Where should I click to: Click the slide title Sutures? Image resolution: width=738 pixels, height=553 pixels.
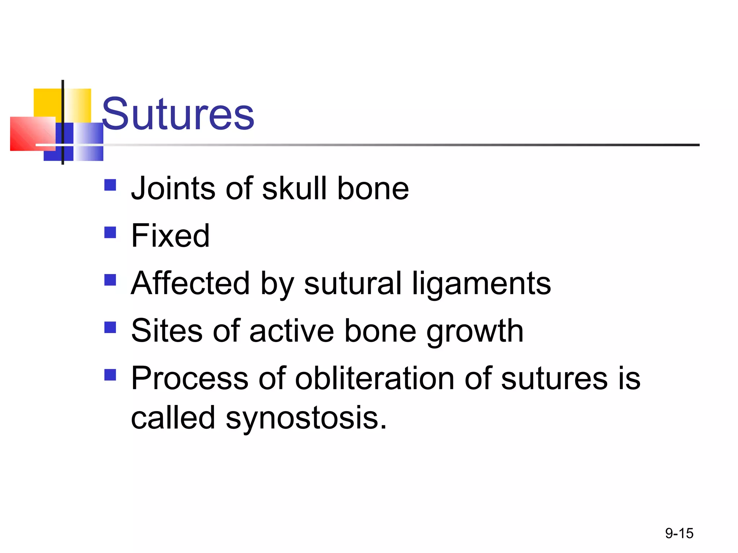[178, 114]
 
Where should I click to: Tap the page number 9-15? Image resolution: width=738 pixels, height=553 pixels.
[679, 533]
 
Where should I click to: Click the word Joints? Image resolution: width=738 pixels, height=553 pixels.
[173, 188]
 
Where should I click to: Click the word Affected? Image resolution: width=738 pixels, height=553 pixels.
[190, 283]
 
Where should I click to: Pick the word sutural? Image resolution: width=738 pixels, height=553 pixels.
[352, 283]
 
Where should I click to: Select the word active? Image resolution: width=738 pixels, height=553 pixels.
[292, 331]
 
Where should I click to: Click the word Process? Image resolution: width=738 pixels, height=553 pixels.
[190, 378]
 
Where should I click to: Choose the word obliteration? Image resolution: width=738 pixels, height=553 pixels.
[375, 378]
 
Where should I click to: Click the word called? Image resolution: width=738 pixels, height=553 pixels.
[173, 418]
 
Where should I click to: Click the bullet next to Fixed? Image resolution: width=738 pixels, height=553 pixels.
[110, 232]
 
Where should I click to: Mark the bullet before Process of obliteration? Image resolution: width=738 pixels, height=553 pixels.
[110, 375]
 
